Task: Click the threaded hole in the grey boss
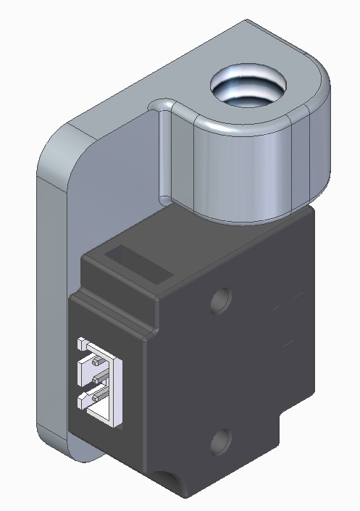click(248, 87)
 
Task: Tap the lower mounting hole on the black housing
click(221, 440)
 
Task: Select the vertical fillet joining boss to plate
click(165, 152)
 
